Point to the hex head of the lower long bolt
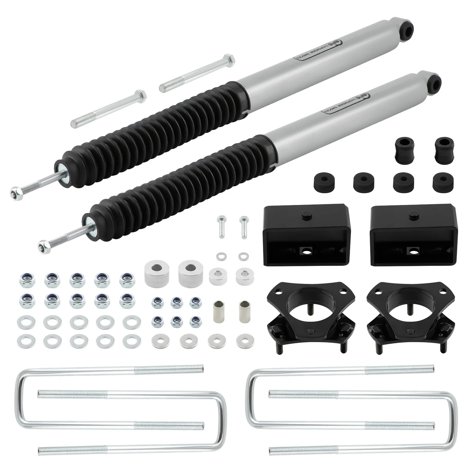(142, 95)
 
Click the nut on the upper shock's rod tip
(15, 194)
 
